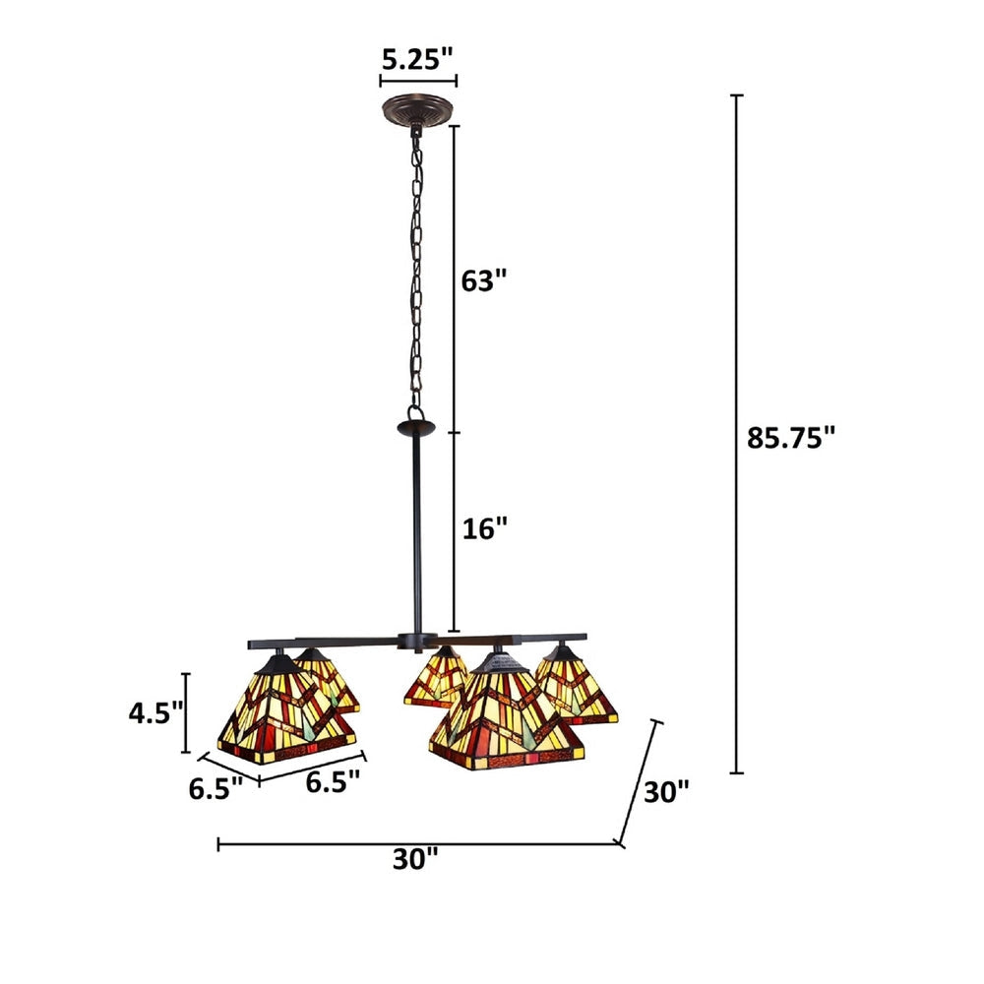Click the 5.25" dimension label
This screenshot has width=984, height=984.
[x=418, y=59]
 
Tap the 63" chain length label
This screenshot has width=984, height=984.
[x=484, y=280]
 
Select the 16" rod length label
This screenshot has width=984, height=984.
[x=485, y=528]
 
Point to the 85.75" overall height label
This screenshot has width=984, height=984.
[x=790, y=438]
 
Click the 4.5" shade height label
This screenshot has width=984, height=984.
[x=155, y=712]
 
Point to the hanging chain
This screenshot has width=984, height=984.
[x=417, y=276]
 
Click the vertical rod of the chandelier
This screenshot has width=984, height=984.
[x=417, y=536]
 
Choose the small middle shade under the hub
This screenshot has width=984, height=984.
[x=436, y=679]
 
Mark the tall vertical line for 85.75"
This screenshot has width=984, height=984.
[x=736, y=433]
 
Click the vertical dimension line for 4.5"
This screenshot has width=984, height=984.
[x=187, y=710]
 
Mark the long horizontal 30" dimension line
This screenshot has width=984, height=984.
[x=418, y=843]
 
